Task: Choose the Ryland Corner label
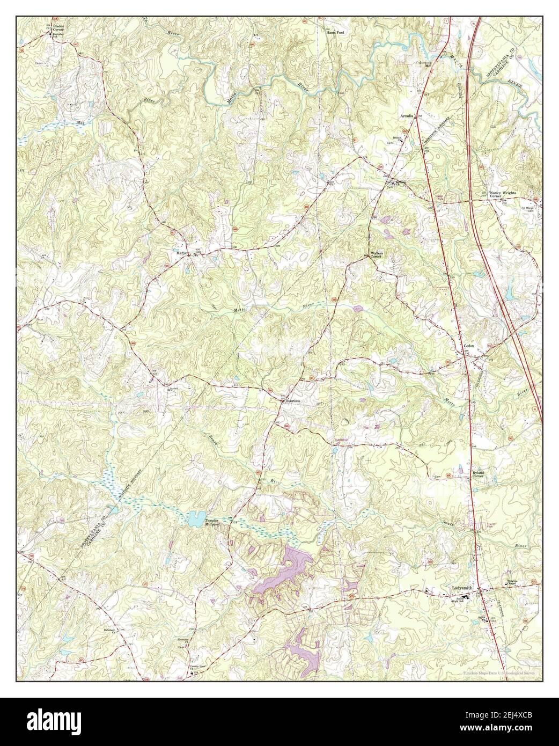[479, 474]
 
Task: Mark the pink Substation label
[341, 440]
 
